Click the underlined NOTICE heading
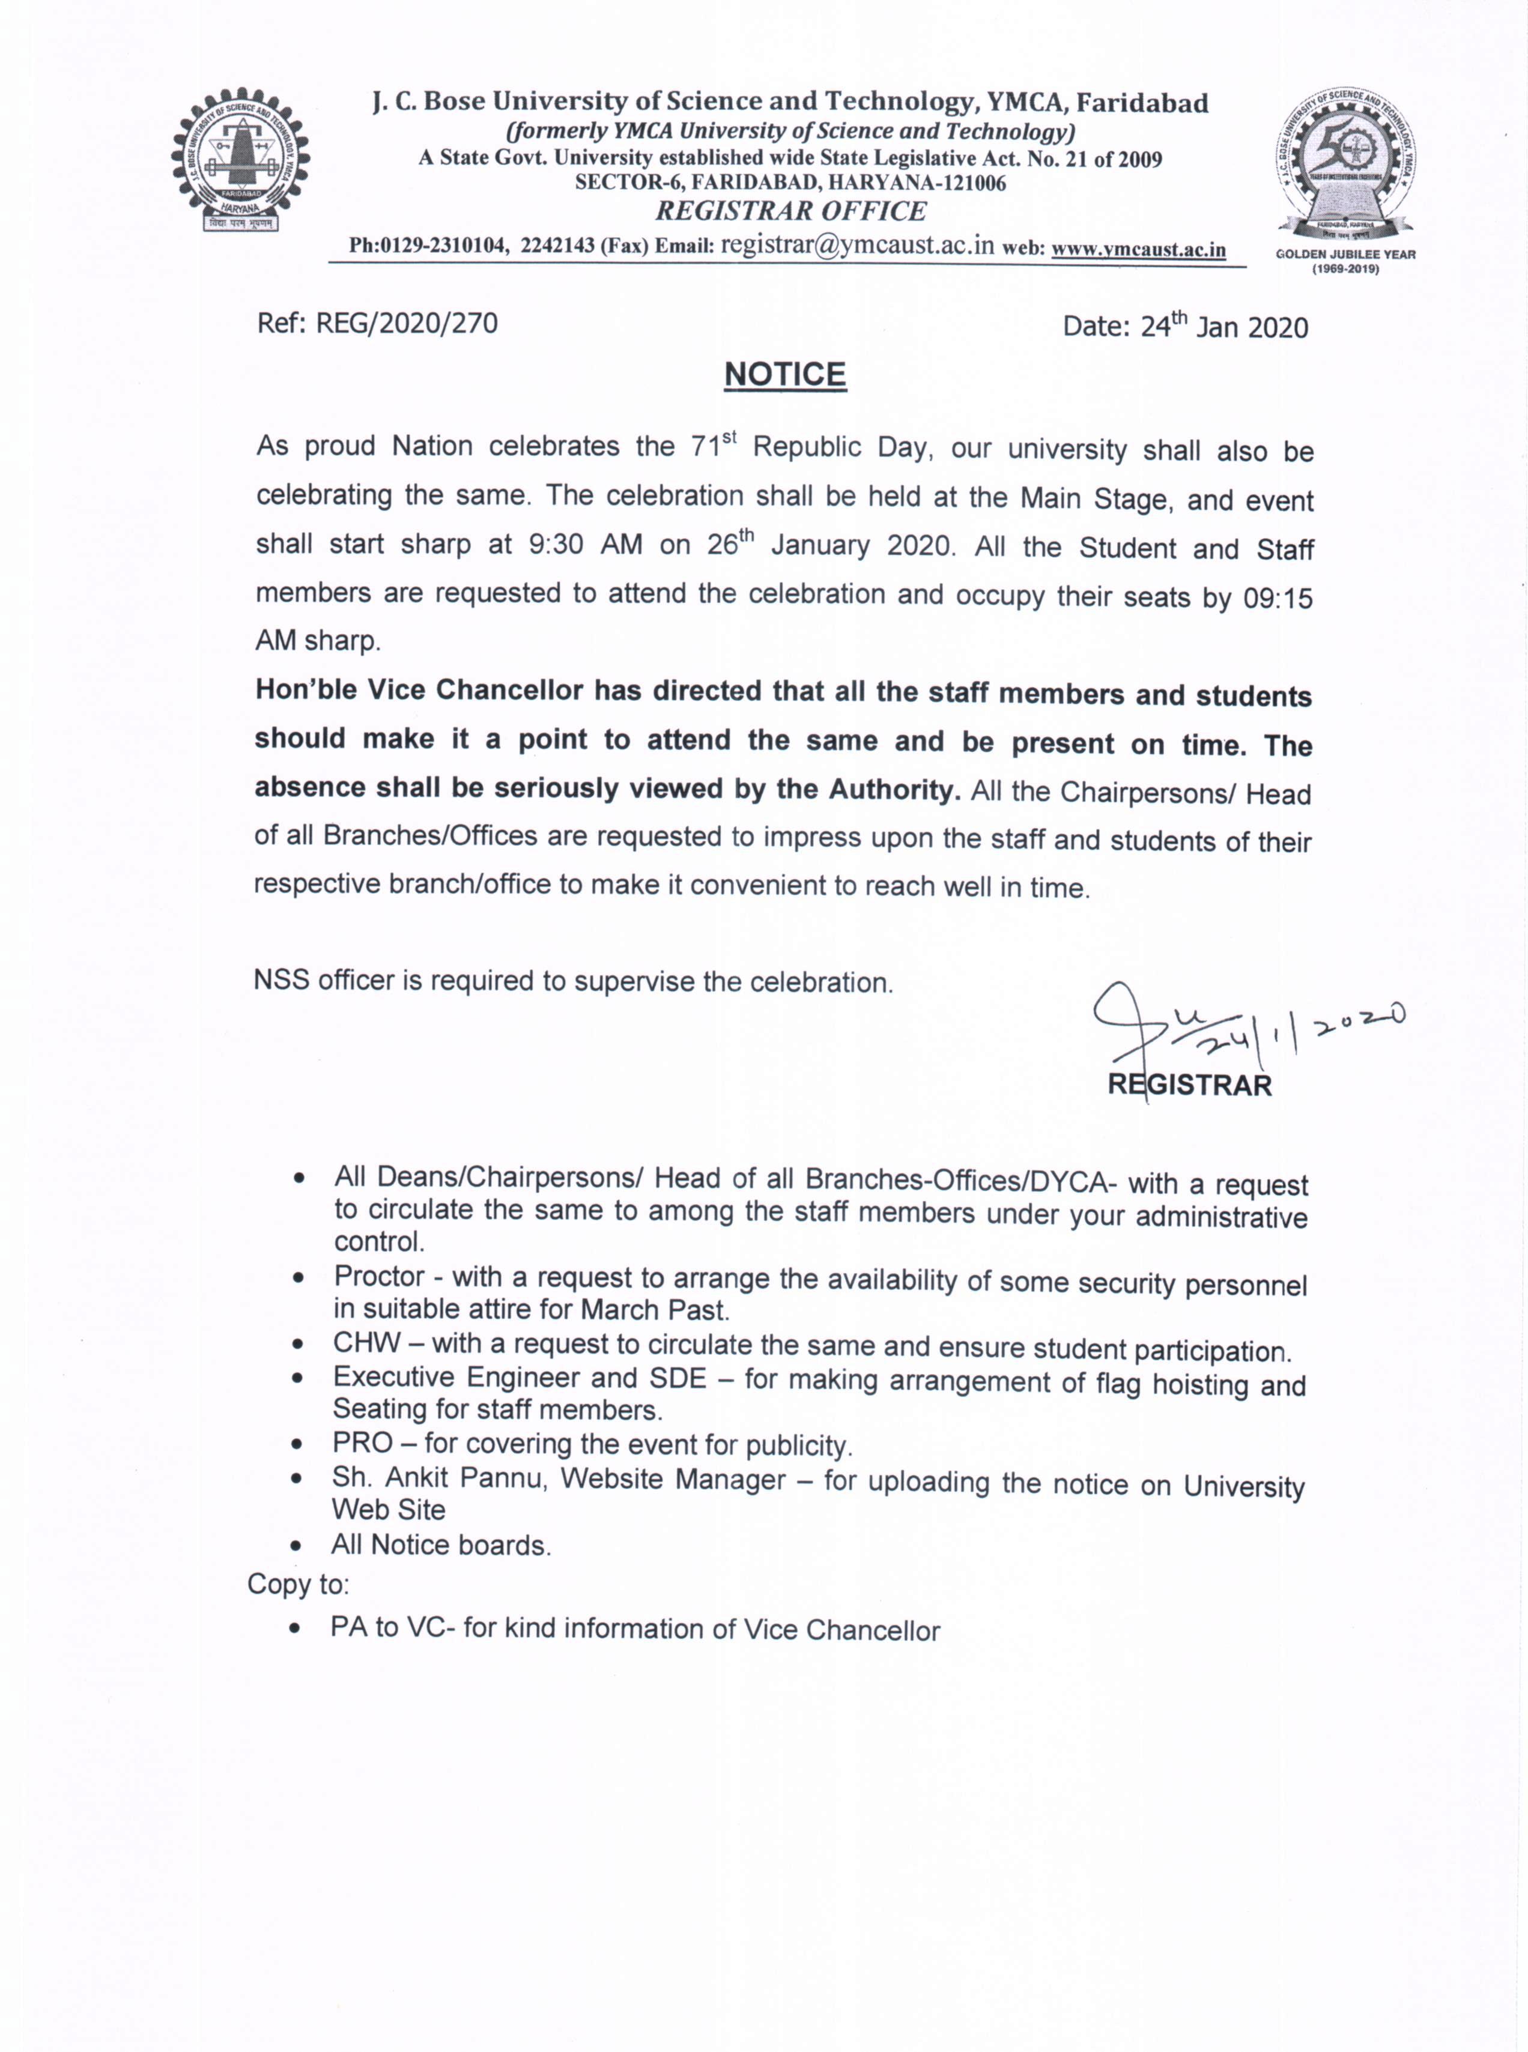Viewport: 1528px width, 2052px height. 784,375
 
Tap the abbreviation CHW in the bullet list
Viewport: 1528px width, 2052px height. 367,1343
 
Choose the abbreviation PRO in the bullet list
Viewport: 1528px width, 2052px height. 363,1444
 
